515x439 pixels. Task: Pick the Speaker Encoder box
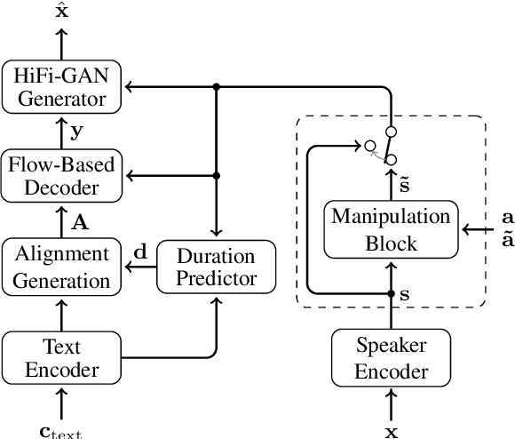tap(391, 357)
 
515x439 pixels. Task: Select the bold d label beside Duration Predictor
tap(139, 252)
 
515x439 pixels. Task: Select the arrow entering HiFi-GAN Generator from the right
tap(142, 86)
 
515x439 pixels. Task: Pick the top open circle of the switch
tap(391, 132)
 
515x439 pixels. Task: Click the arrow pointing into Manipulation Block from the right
tap(479, 229)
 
